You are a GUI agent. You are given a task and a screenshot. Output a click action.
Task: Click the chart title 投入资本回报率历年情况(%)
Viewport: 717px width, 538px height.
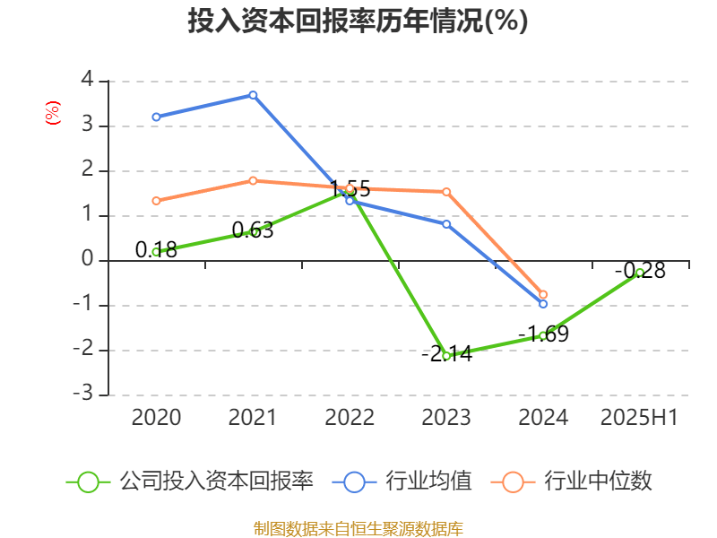click(x=358, y=22)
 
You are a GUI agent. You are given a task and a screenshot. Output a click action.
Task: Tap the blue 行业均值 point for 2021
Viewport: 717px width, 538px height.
click(x=253, y=95)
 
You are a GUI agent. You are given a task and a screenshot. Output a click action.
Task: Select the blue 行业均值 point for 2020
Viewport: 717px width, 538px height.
click(x=156, y=117)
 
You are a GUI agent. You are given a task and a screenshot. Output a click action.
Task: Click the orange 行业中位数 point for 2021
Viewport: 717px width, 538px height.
click(x=253, y=180)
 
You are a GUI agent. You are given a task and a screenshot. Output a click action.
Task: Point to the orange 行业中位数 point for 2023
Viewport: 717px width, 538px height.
click(x=446, y=192)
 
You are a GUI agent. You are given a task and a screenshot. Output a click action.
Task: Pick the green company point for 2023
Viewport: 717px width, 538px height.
click(x=446, y=356)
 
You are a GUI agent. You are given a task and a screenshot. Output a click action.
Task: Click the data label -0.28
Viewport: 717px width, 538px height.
click(x=640, y=270)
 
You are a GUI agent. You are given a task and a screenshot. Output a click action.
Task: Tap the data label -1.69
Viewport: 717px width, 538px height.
click(x=543, y=334)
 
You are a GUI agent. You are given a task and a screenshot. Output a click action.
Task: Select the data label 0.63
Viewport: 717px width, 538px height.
click(x=253, y=230)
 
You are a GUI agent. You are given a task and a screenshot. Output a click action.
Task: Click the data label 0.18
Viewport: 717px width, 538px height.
click(x=156, y=249)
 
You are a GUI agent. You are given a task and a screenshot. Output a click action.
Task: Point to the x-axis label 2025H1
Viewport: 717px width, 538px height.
click(x=640, y=418)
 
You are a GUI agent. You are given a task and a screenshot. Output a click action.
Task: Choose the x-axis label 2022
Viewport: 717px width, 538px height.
click(x=350, y=418)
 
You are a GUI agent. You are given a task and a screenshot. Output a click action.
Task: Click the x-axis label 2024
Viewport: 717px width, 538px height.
click(x=543, y=418)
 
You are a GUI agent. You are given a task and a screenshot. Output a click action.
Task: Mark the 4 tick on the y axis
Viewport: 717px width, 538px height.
click(x=87, y=81)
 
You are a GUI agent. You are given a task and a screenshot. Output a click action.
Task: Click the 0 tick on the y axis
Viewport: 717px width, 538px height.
click(x=87, y=260)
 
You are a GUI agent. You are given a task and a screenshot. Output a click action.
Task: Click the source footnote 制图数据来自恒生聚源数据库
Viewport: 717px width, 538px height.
click(x=358, y=528)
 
